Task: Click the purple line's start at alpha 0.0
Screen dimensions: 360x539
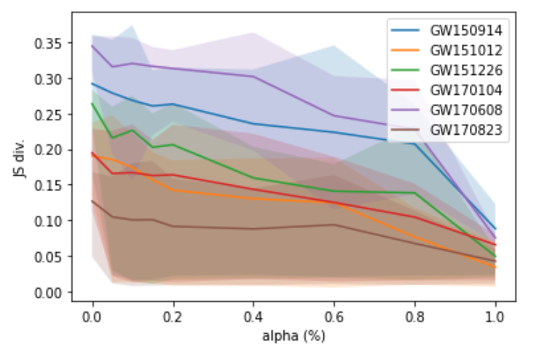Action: tap(93, 46)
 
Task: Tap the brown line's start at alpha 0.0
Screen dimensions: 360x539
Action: tap(93, 200)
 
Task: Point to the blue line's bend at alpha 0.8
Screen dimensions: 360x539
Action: tap(415, 144)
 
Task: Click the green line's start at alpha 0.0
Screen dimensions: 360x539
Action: tap(93, 103)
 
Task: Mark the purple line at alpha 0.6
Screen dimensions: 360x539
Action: tap(334, 115)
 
